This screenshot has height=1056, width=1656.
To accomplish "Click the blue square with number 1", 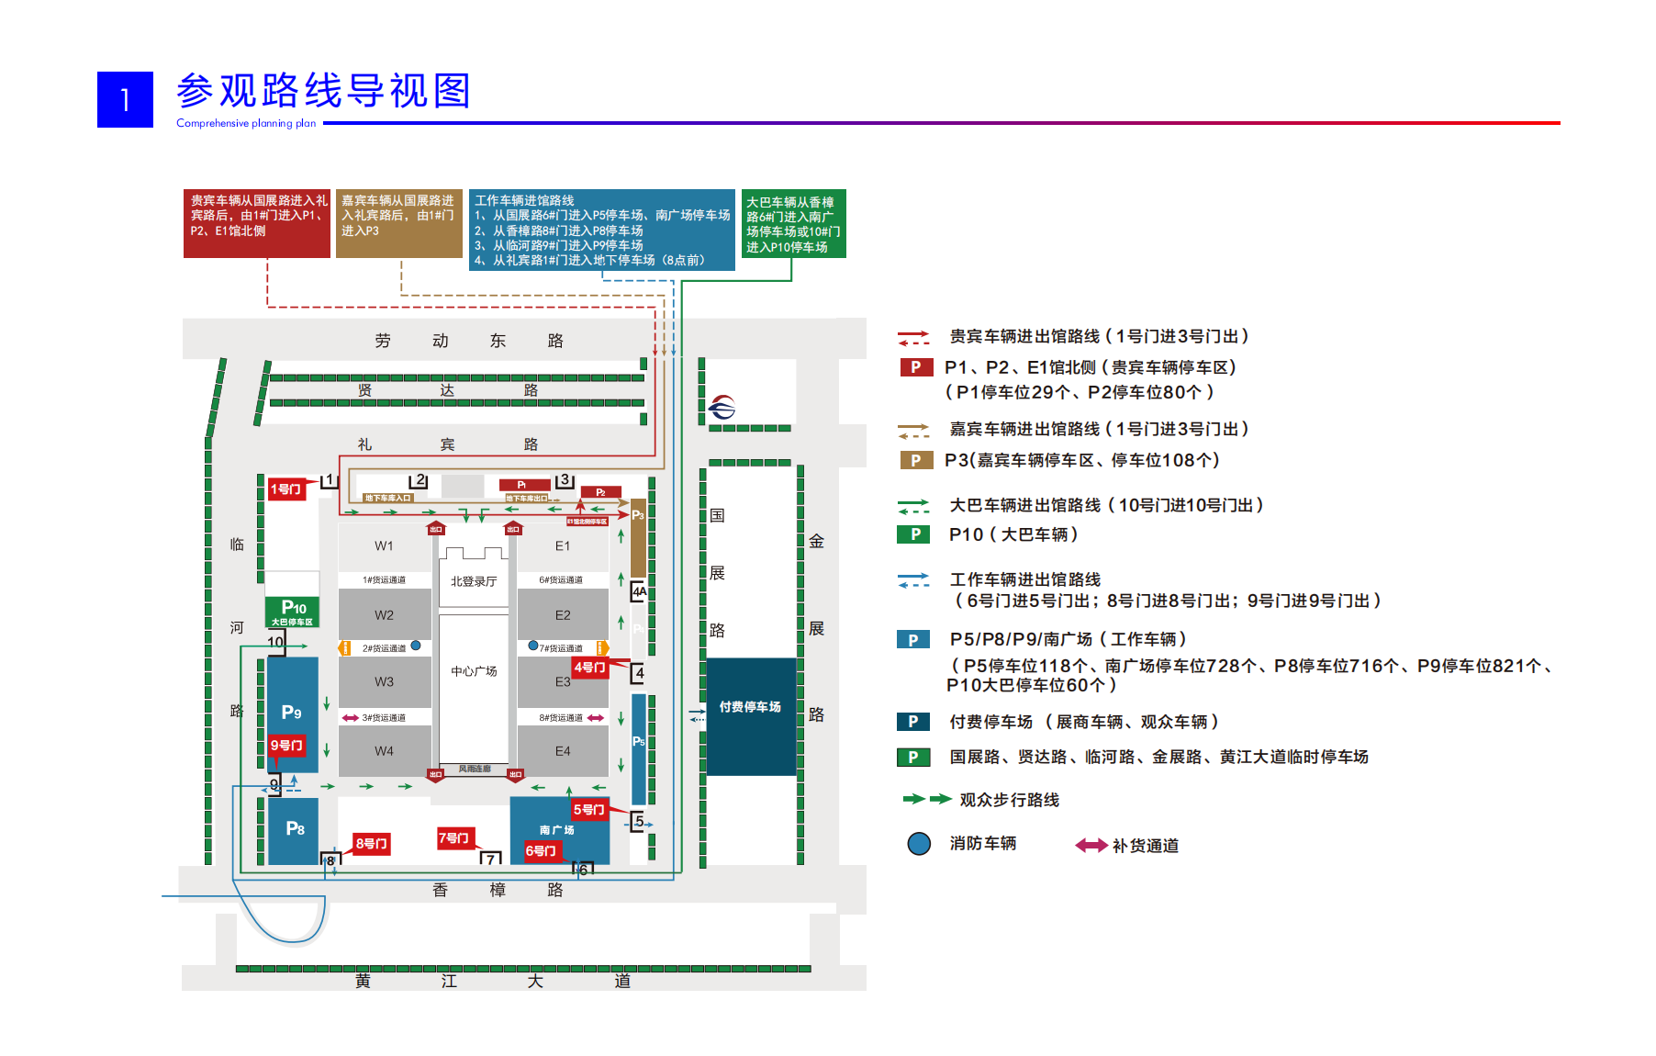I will pos(125,99).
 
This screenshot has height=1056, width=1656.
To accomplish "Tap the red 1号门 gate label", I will pos(285,489).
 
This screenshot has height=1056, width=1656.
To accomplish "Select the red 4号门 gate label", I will pos(589,668).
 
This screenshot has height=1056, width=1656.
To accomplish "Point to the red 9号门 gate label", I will pos(286,746).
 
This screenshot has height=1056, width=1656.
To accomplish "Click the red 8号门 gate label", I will pos(372,844).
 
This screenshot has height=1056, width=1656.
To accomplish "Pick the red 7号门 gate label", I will pos(453,837).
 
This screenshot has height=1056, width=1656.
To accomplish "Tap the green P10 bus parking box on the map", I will pos(293,612).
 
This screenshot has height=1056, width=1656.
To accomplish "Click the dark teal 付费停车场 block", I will pos(750,716).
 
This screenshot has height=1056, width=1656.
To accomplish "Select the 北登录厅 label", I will pos(474,581).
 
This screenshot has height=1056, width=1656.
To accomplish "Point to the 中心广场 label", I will pos(474,671).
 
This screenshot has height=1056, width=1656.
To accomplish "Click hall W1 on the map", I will pos(384,545).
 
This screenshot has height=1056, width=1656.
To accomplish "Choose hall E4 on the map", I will pos(563,751).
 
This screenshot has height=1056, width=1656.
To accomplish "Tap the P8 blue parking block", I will pos(294,830).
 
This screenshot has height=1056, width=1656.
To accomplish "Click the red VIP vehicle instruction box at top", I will pos(257,223).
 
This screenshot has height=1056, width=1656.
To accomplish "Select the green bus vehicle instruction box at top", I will pos(793,224).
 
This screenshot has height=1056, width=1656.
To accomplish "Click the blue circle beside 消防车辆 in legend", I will pos(919,844).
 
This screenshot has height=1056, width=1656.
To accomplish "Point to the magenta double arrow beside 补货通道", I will pos(1091,846).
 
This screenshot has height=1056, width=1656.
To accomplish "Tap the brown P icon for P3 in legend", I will pos(915,460).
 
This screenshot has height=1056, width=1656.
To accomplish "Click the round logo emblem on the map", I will pos(722,406).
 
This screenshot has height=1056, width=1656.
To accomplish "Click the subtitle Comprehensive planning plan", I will pos(246,123).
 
